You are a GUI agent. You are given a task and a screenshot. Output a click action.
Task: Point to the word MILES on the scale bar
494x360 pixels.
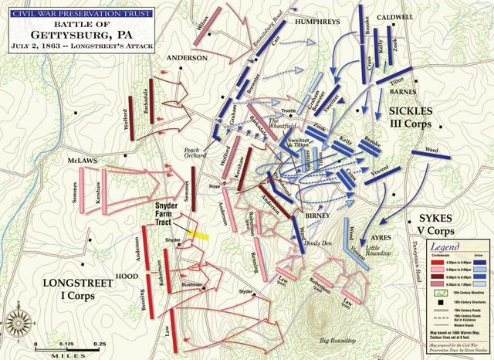pyautogui.click(x=65, y=355)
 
